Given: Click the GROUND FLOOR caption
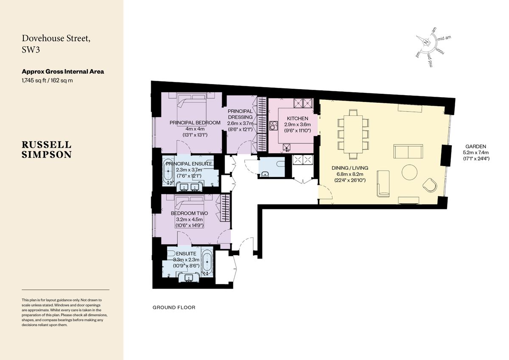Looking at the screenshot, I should tap(174, 307).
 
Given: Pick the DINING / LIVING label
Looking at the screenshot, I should tap(350, 168).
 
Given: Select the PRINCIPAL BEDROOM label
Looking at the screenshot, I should tap(195, 123).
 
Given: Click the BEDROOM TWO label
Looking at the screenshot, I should tap(189, 213).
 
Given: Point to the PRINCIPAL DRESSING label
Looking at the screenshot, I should tap(240, 114).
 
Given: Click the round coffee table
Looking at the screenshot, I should tap(409, 172).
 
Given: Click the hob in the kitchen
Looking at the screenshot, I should tap(273, 126).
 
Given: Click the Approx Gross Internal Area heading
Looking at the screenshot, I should tap(63, 71).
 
